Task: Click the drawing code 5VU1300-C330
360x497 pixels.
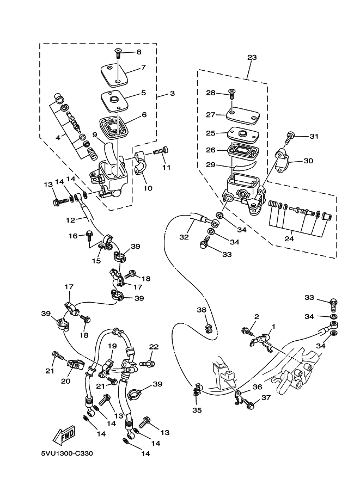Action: pos(67,453)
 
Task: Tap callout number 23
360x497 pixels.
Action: pos(252,57)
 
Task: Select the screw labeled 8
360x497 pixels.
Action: pos(119,53)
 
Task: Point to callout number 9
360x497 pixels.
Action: pos(95,134)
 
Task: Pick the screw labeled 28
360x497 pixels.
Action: pos(231,94)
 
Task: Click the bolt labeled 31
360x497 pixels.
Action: pos(290,138)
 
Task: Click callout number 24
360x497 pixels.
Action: pos(289,238)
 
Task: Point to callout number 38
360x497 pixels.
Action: pos(202,310)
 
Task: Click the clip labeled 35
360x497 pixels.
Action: pos(197,390)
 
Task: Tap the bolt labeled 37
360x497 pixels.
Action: pos(249,403)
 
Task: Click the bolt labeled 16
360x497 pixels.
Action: pos(89,236)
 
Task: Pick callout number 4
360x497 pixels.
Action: pos(58,138)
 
